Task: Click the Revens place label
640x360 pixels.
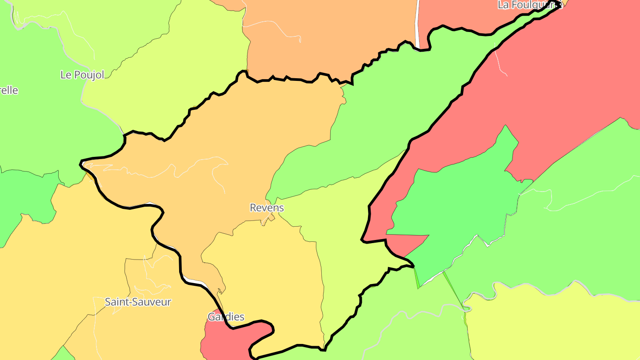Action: [x=267, y=208]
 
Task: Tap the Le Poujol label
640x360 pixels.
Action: [x=82, y=75]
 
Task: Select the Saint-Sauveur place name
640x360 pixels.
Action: [x=138, y=302]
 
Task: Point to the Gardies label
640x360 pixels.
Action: [x=226, y=317]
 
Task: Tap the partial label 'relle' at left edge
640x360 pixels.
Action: [x=9, y=90]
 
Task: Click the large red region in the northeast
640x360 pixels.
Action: [x=556, y=89]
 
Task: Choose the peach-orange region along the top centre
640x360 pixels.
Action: [x=329, y=36]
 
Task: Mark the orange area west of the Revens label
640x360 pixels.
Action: [x=200, y=187]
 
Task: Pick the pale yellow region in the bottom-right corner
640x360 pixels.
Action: [x=556, y=329]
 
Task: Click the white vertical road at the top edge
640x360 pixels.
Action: [x=417, y=22]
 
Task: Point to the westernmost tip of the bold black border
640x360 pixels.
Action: [x=81, y=164]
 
